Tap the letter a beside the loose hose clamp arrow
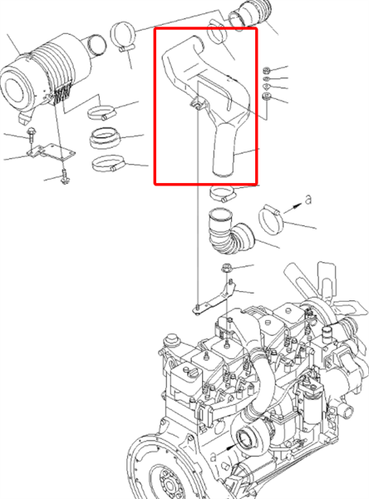coord(308,200)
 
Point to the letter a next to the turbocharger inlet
coord(214,457)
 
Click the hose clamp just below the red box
coord(222,194)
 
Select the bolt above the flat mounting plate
coord(32,134)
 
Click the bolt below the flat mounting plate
coord(65,177)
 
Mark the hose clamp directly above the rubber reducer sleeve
coord(101,112)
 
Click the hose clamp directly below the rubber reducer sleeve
coord(108,163)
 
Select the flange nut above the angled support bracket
coord(226,269)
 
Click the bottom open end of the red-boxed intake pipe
coord(223,173)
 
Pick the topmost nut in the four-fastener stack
coord(267,70)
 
